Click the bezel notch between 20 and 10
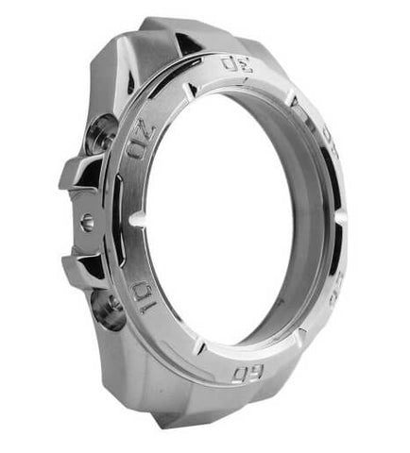138,218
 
